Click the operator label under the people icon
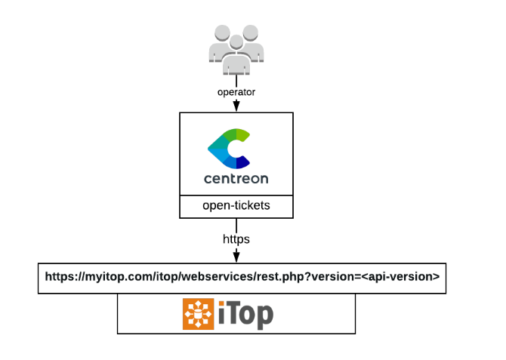coord(236,92)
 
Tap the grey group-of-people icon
coord(236,49)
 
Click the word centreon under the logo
coord(236,180)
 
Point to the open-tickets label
coord(236,205)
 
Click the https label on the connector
coord(236,238)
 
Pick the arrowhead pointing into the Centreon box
coord(236,107)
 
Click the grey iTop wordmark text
coord(246,314)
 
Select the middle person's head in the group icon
coord(236,41)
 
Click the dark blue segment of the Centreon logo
coord(243,162)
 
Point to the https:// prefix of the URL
coord(62,276)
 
